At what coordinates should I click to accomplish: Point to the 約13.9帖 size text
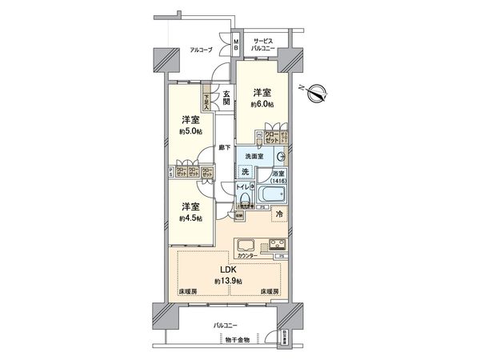tap(229, 282)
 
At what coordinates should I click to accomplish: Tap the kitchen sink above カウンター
tap(246, 245)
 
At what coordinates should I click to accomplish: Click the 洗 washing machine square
tap(247, 173)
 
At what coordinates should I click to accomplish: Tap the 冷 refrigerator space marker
tap(278, 214)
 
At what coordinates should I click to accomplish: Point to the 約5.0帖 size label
tap(190, 130)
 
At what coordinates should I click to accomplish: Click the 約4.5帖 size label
tap(190, 217)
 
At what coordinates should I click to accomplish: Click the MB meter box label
tap(237, 45)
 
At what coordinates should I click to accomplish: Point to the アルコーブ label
tap(200, 50)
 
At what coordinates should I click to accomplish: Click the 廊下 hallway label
tap(226, 149)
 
